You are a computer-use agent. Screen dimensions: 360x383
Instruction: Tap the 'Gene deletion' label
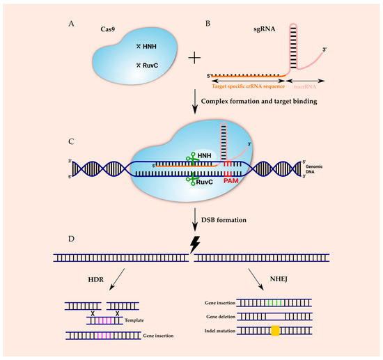click(220, 316)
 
